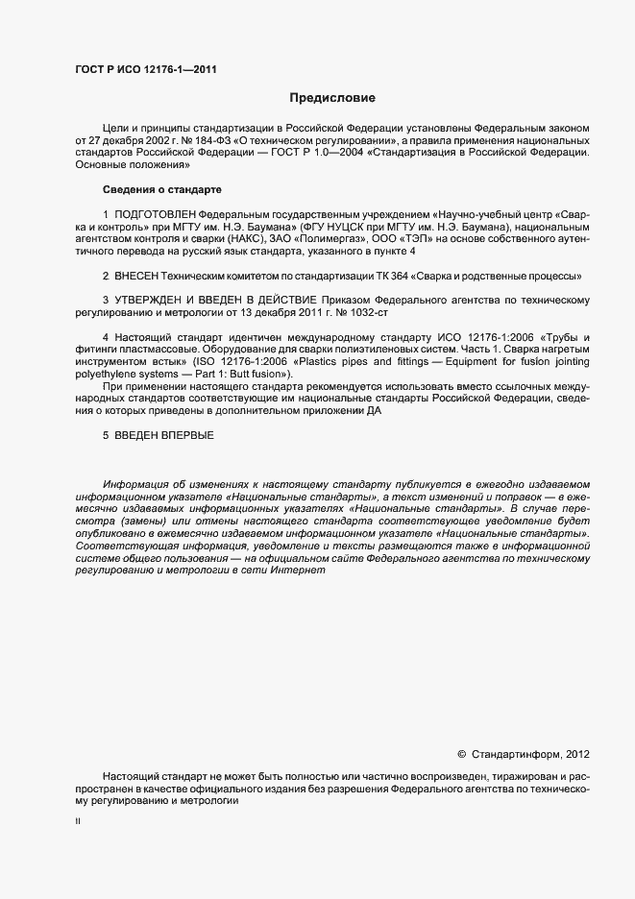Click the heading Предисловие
332,98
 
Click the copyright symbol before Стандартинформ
461,754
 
